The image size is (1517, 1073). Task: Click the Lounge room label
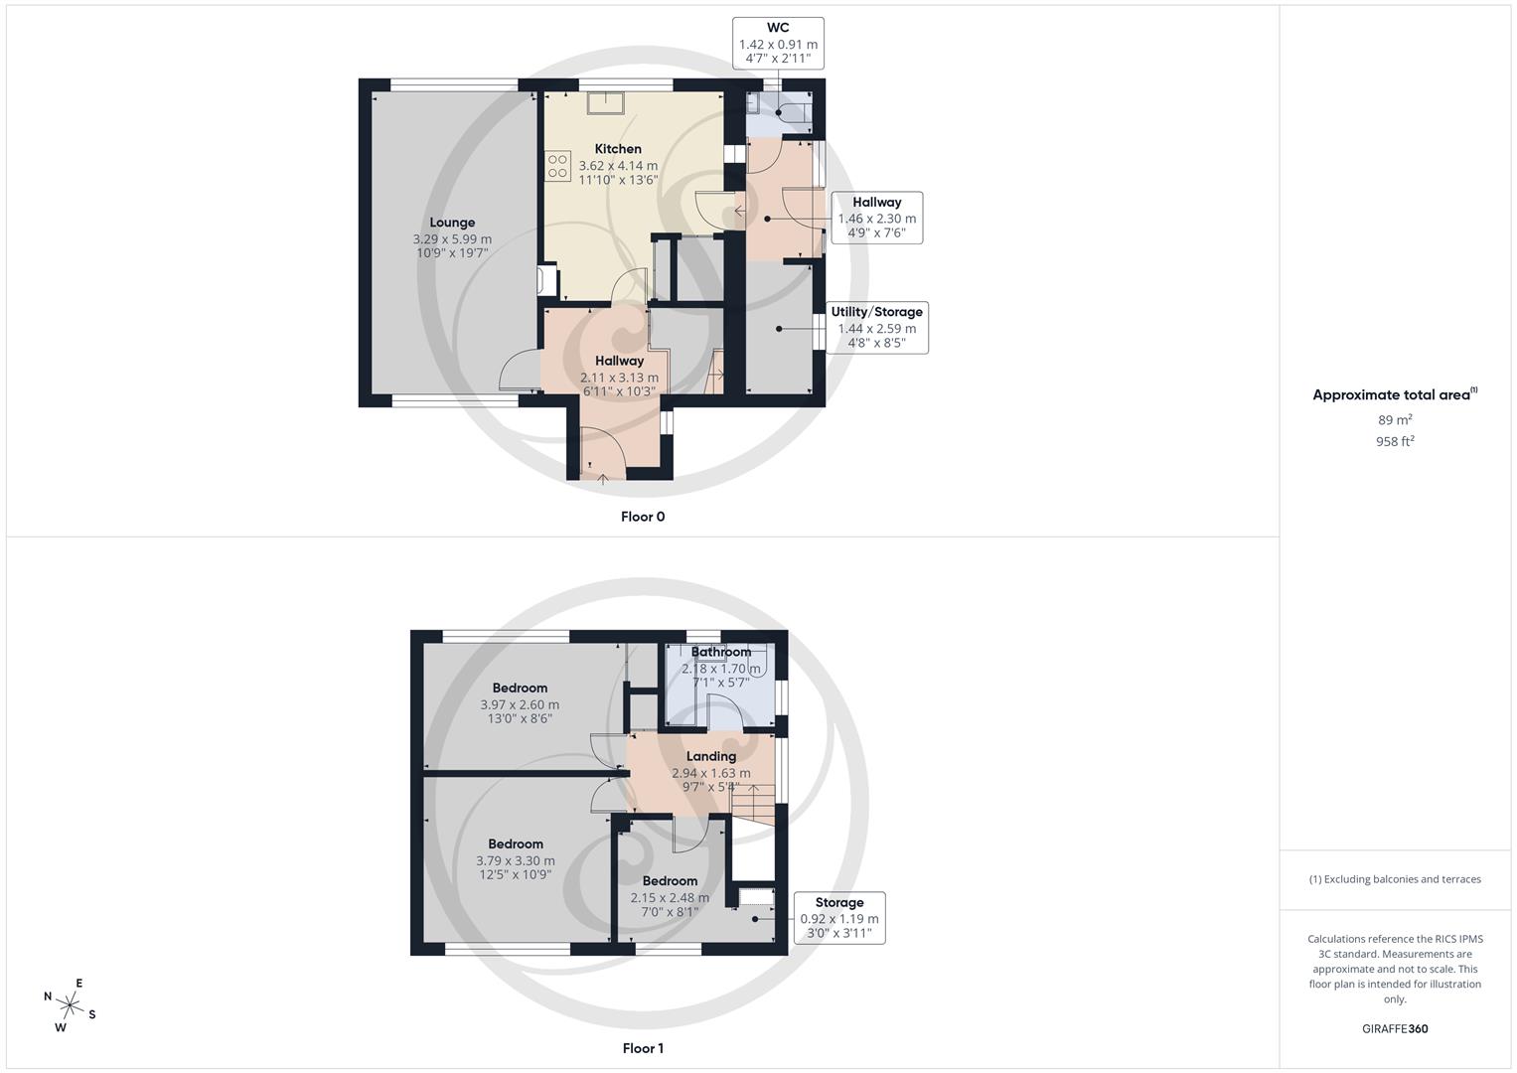(x=452, y=223)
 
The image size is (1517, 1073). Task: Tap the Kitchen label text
(x=618, y=149)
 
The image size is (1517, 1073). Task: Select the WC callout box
(x=778, y=43)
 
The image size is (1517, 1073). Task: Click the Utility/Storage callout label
(x=876, y=312)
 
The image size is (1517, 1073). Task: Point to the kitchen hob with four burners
(x=557, y=166)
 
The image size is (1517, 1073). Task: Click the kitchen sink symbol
(x=604, y=103)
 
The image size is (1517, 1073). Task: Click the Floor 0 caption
(x=643, y=517)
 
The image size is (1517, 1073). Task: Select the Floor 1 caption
(x=643, y=1048)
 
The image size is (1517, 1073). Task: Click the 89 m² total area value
(x=1395, y=420)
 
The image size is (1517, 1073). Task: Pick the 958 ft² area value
(x=1395, y=442)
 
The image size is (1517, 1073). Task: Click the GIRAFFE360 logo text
(x=1395, y=1029)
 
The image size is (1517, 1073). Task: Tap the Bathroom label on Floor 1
(x=721, y=653)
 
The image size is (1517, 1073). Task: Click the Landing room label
(x=711, y=756)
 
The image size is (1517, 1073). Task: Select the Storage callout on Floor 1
(x=839, y=916)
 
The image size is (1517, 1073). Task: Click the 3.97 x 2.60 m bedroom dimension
(x=520, y=704)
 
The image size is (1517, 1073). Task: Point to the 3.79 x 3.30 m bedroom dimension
(x=516, y=860)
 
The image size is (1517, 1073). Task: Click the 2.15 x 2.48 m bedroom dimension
(x=670, y=897)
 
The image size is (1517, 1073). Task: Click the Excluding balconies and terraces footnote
(x=1395, y=879)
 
